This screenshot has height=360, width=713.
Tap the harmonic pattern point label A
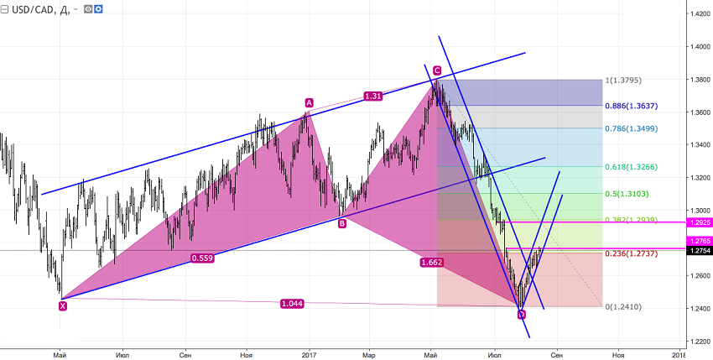coord(309,102)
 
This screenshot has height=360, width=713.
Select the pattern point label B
coord(341,223)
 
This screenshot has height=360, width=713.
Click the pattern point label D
coord(521,315)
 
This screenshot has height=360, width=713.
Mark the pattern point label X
coord(63,306)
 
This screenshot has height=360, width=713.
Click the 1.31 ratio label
coord(373,97)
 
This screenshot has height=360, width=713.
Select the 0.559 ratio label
coord(200,258)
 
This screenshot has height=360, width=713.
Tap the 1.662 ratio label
coord(431,263)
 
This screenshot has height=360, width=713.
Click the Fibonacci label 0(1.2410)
coord(625,308)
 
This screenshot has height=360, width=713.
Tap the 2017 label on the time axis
coord(309,355)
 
